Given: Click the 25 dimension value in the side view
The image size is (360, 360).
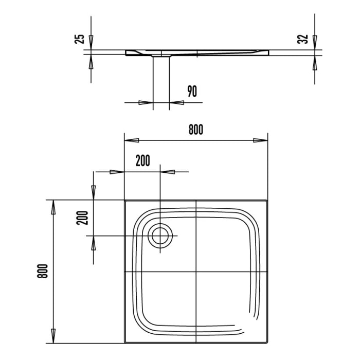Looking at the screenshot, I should (x=80, y=39).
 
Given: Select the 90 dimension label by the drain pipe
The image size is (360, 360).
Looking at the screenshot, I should (x=192, y=92).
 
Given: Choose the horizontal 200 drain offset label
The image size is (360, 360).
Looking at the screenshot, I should (x=142, y=161).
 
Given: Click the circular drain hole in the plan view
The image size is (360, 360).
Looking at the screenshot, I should (x=160, y=236).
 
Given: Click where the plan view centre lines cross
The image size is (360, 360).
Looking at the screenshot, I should (x=196, y=272).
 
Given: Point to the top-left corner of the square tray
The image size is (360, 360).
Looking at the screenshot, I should (x=125, y=201).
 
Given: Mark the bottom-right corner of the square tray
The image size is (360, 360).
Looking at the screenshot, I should (x=267, y=343).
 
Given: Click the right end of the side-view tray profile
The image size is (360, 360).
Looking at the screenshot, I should (x=268, y=52).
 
